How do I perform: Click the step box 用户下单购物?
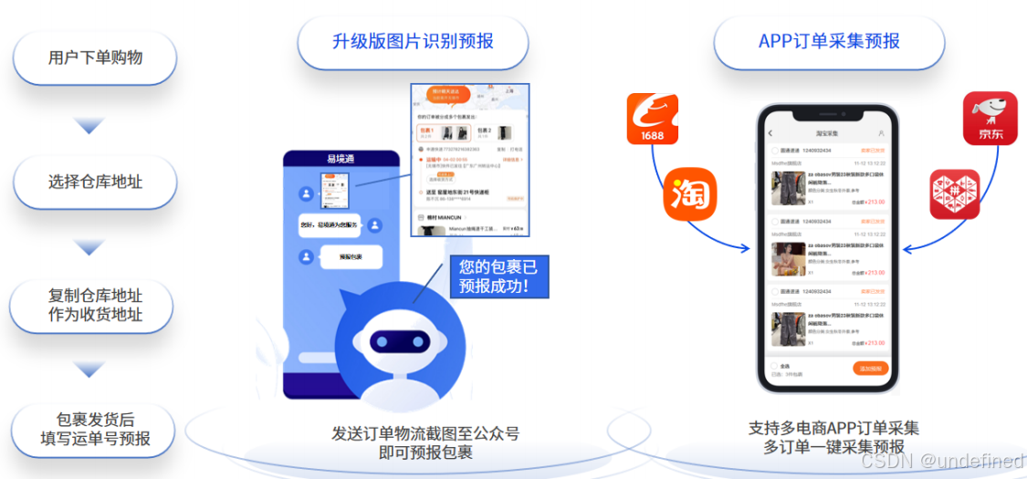coord(95,57)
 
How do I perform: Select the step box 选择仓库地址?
coord(95,182)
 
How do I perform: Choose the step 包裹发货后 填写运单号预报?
coord(95,430)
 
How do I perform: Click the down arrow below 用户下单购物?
coord(89,125)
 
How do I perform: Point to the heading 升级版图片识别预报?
coord(413,42)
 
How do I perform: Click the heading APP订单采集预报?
coord(828,42)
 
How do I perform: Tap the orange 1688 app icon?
coord(652,119)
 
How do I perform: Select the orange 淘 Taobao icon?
coord(690,194)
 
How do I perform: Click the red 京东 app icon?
coord(989,118)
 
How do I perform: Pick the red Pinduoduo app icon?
coord(954,193)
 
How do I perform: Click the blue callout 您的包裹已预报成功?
coord(499,276)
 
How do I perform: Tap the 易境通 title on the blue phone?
coord(340,159)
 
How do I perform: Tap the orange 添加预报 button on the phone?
coord(870,369)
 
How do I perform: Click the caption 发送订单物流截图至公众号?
coord(425,433)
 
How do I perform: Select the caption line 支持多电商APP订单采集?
coord(833,429)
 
